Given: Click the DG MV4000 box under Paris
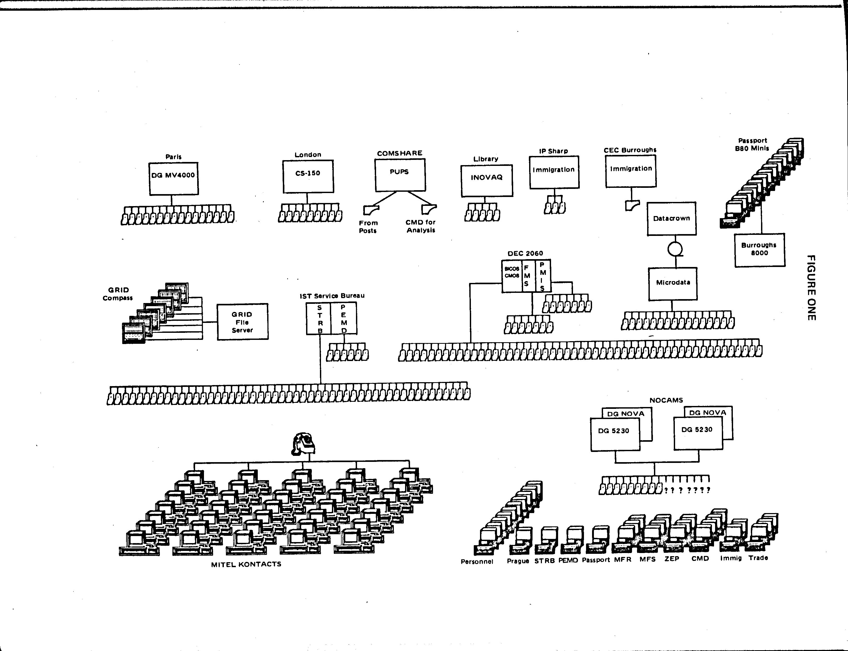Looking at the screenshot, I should [174, 179].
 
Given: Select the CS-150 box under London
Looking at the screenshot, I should [308, 176].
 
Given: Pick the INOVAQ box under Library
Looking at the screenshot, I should [487, 181].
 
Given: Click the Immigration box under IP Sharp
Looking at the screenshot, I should [554, 172].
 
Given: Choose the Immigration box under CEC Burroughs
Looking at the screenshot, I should [631, 171].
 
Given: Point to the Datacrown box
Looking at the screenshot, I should [671, 219].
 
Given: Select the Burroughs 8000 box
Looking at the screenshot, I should [759, 249].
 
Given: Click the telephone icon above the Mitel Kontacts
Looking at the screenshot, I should [303, 444].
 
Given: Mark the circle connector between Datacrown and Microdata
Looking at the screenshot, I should [675, 249].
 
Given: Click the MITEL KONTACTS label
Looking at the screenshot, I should [246, 564].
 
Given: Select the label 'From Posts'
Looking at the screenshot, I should [368, 227].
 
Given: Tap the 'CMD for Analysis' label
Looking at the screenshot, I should [421, 226].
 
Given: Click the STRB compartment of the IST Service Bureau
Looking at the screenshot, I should [319, 318].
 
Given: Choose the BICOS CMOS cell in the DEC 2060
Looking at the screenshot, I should [512, 276].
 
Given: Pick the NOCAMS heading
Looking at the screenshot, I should [666, 400].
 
